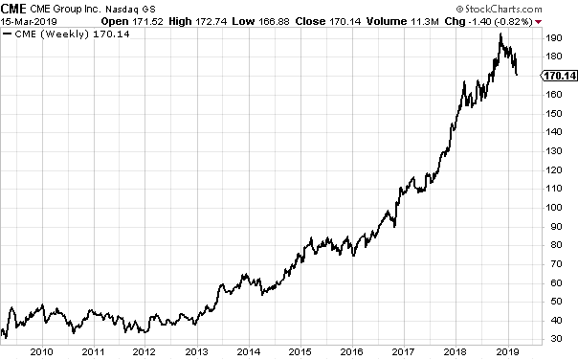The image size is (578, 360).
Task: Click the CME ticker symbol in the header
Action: [x=15, y=8]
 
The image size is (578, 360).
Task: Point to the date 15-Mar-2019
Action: [x=28, y=20]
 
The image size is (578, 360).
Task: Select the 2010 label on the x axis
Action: [x=40, y=350]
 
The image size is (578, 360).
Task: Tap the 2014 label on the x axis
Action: [x=248, y=350]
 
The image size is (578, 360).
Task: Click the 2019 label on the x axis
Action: [x=508, y=350]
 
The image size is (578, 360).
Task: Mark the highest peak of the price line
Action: [x=500, y=35]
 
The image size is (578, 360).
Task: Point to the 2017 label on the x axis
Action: [x=404, y=350]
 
